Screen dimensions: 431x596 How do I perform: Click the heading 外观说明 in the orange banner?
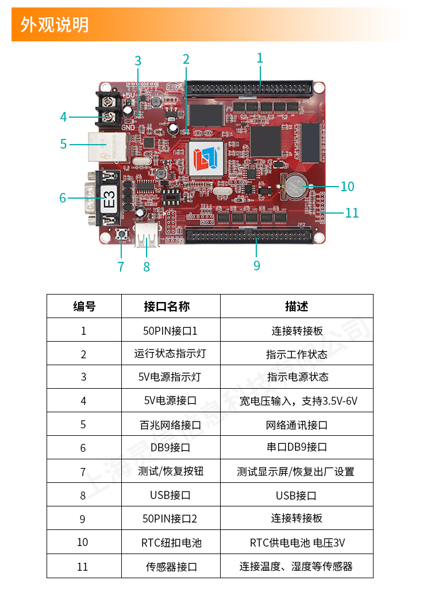coord(55,25)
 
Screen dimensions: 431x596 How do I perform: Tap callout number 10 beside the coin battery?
coord(347,187)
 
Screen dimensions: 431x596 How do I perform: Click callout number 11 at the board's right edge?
coord(352,213)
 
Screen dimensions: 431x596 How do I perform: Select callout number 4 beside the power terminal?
coord(63,117)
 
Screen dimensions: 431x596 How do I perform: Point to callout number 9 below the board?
coord(256,265)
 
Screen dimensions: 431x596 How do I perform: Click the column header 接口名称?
coord(170,306)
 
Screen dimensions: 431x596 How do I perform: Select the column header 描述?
coord(297,306)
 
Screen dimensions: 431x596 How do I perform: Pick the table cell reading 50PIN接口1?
coord(170,331)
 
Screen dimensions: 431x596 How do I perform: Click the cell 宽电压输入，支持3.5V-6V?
coord(297,401)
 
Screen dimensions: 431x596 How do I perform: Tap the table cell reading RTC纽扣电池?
coord(170,543)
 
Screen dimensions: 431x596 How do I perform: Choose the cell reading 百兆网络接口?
coord(170,425)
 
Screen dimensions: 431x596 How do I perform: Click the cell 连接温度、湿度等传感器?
coord(297,566)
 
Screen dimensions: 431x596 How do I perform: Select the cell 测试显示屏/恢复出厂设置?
coord(297,471)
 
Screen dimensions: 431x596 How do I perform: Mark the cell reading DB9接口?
coord(170,447)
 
